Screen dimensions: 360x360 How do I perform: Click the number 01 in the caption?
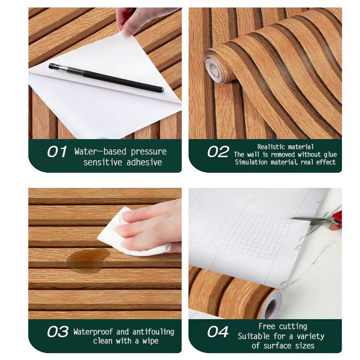(57, 152)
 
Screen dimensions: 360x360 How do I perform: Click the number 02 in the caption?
(218, 152)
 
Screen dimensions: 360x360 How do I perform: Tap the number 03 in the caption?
(57, 332)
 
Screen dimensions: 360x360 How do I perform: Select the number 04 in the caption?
(218, 332)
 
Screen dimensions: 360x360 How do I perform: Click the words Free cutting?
(283, 326)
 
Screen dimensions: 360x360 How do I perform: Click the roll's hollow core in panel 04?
(270, 308)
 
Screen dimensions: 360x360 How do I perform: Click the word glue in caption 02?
(329, 154)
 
